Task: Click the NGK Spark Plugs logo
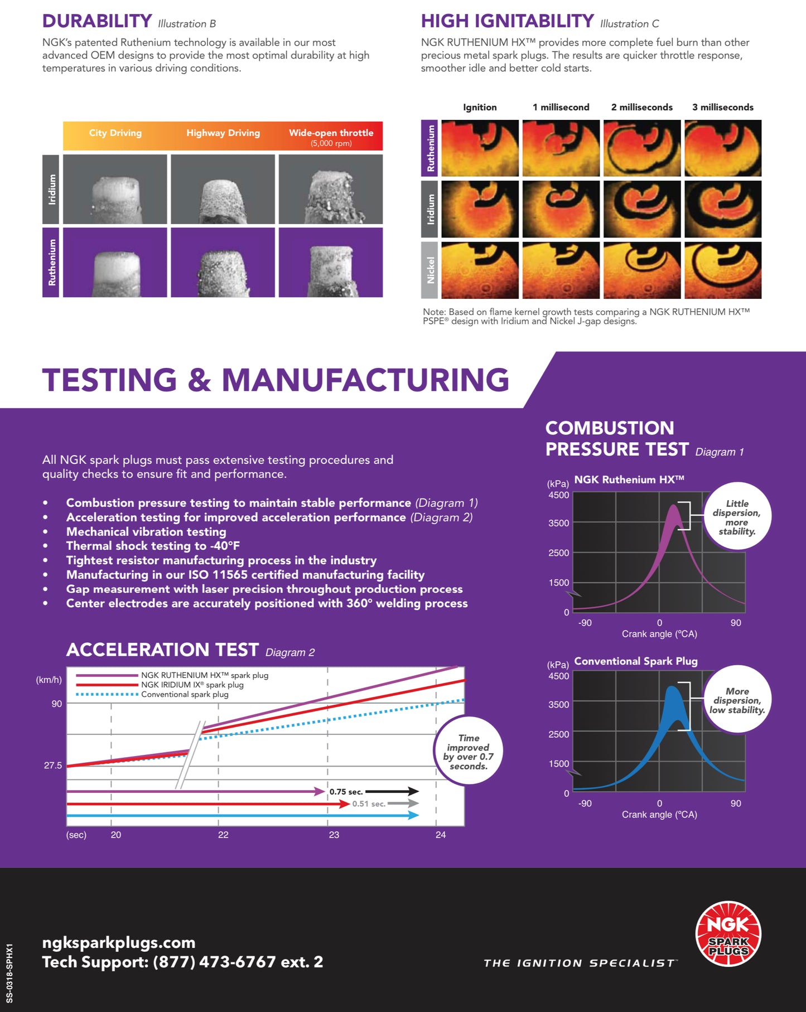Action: pyautogui.click(x=728, y=933)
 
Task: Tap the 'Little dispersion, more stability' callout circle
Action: pyautogui.click(x=737, y=516)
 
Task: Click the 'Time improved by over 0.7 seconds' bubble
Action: pyautogui.click(x=469, y=751)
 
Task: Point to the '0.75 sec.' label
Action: pyautogui.click(x=346, y=792)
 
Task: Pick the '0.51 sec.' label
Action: pyautogui.click(x=369, y=804)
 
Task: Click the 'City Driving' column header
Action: pyautogui.click(x=115, y=133)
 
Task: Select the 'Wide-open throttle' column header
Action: pyautogui.click(x=331, y=133)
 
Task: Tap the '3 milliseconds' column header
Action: pyautogui.click(x=723, y=107)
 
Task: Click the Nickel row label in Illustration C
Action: pyautogui.click(x=429, y=270)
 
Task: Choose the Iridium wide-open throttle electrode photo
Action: pyautogui.click(x=331, y=189)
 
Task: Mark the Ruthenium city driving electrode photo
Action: pyautogui.click(x=115, y=262)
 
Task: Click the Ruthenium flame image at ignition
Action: pyautogui.click(x=480, y=148)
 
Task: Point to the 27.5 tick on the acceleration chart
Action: pyautogui.click(x=53, y=766)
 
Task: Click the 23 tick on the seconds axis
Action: pyautogui.click(x=334, y=835)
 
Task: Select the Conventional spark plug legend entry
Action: pyautogui.click(x=152, y=694)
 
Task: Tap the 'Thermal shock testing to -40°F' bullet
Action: pyautogui.click(x=153, y=546)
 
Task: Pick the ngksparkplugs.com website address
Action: pyautogui.click(x=119, y=943)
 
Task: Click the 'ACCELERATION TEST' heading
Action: pyautogui.click(x=162, y=650)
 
